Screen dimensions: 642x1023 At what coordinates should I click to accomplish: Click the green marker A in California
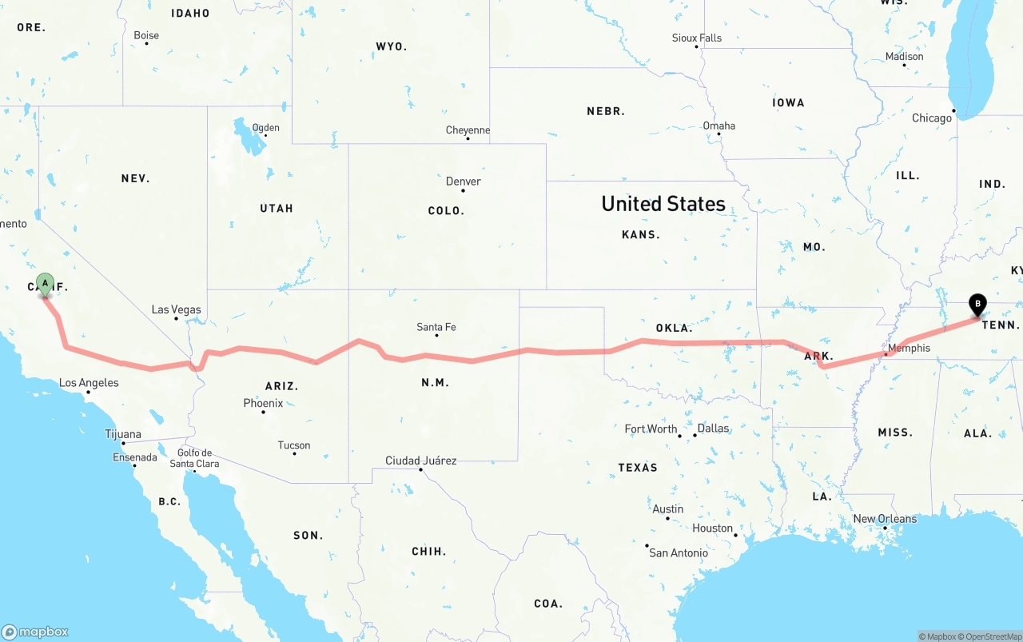46,283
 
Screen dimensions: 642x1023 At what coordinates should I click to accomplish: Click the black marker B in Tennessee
977,304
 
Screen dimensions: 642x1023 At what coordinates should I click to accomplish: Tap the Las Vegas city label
177,309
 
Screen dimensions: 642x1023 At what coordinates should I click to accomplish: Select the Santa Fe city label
436,326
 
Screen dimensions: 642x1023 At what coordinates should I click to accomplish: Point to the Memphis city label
909,348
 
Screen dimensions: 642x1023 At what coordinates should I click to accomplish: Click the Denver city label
464,181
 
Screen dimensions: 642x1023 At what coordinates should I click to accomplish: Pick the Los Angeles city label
89,383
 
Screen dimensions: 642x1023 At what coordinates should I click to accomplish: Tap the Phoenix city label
263,403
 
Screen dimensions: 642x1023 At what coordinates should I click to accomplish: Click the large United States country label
663,204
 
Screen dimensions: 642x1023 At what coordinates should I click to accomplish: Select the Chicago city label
932,118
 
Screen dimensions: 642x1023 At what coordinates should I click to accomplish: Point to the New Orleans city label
885,519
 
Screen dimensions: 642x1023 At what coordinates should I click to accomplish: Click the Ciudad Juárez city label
421,461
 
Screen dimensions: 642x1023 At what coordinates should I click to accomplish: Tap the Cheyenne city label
468,130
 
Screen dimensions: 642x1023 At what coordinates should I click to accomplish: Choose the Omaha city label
718,126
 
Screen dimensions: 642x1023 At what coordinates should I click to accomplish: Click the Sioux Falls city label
696,38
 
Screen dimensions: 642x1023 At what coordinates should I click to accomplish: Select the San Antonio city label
678,552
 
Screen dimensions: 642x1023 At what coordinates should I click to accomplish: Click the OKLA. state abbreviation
674,328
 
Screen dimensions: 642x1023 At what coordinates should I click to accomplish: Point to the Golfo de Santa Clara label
195,458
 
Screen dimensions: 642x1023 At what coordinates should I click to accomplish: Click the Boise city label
146,35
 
